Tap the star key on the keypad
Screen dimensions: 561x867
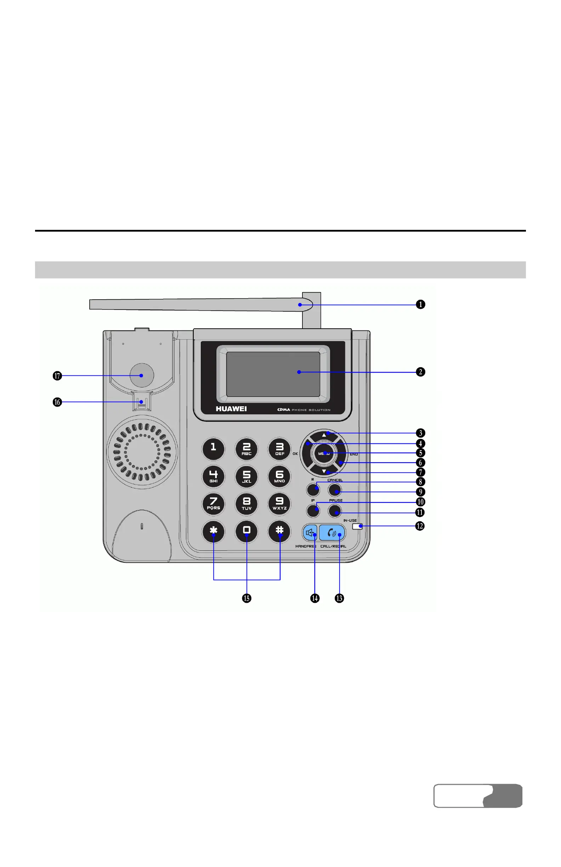214,531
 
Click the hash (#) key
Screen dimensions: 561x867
279,531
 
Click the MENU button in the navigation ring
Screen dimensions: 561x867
323,454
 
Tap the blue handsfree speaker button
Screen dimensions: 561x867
310,533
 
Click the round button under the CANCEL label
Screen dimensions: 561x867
335,490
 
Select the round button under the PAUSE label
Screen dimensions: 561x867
335,511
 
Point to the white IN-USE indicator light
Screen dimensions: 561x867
357,526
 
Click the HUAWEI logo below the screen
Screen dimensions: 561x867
231,409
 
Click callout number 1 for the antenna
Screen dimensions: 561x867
420,305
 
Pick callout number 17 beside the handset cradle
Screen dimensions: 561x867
57,375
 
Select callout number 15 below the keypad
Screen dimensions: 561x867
246,598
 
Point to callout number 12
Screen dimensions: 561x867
420,526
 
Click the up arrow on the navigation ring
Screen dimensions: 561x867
324,435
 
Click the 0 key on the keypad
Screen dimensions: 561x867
246,531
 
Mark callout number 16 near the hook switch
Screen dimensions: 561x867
57,402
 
